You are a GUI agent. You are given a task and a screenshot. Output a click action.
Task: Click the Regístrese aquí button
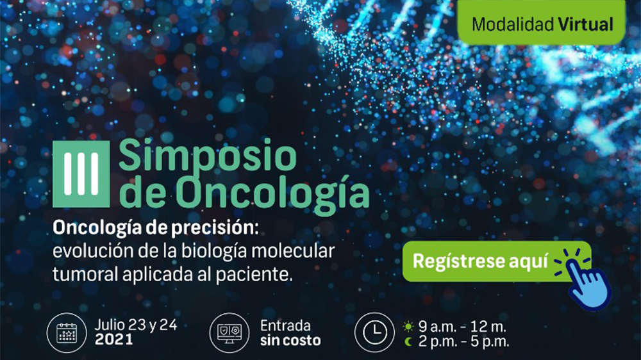481,261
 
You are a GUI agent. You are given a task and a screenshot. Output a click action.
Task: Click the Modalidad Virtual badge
542,24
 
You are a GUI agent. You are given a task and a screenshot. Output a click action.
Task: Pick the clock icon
374,332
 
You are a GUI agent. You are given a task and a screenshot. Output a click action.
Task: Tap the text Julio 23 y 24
135,325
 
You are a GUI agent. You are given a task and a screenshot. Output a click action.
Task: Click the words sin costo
290,340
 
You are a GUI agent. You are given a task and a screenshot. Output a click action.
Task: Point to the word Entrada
285,325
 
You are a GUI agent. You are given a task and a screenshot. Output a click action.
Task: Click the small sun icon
408,326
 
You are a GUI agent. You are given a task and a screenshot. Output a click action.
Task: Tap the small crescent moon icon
408,341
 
